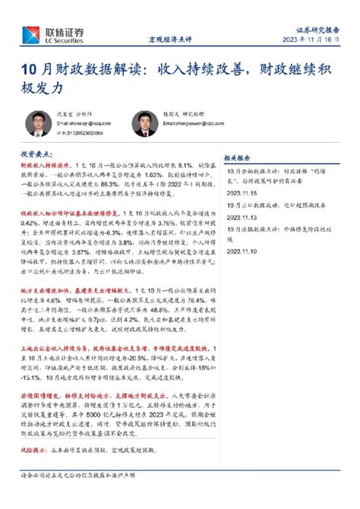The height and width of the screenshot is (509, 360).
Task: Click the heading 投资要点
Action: pos(36,153)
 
